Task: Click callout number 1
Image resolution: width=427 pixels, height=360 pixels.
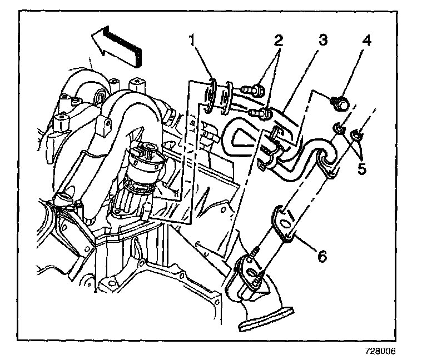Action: [192, 42]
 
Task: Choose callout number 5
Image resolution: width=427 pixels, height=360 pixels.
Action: [362, 168]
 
